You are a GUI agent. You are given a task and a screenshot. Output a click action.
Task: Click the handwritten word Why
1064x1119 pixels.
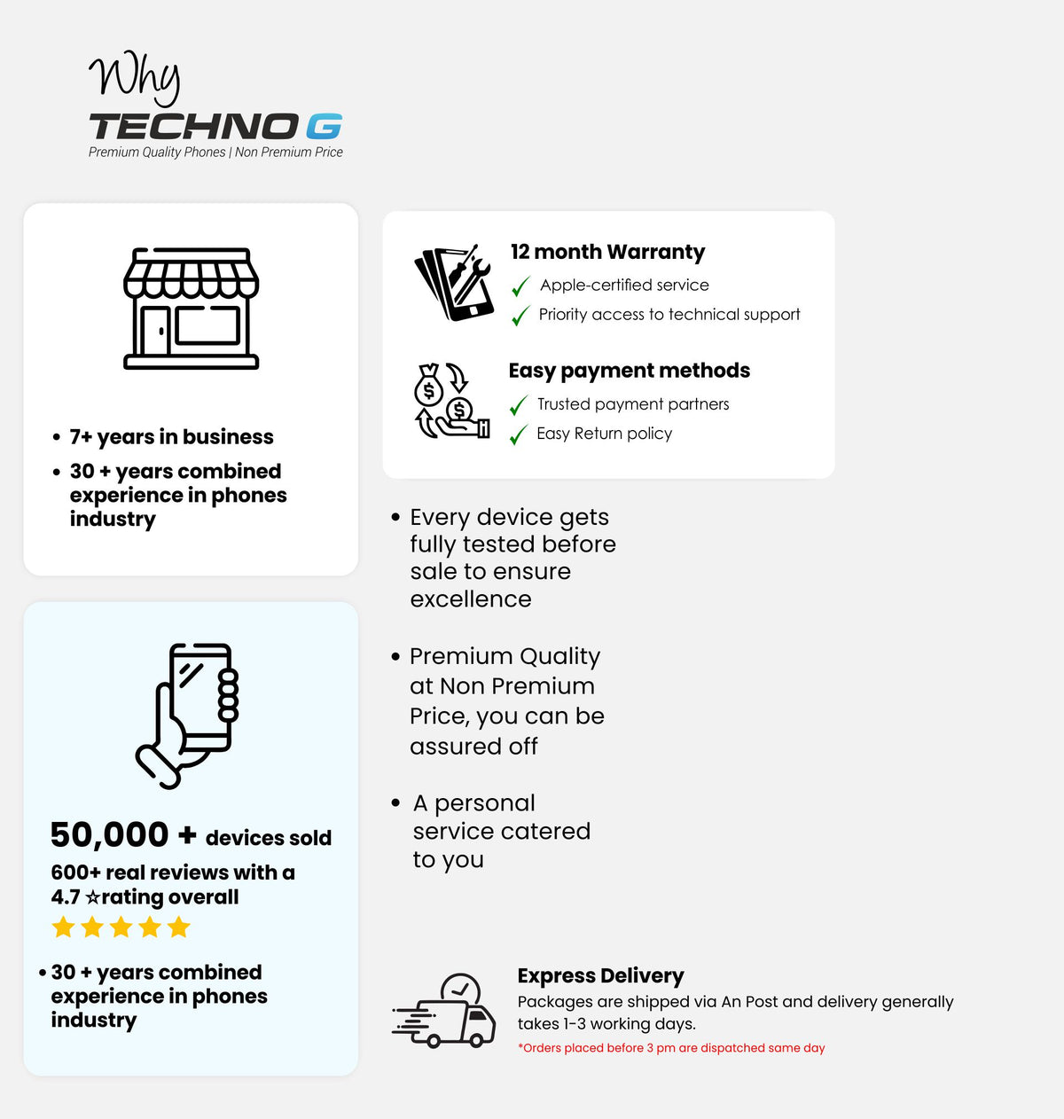point(135,77)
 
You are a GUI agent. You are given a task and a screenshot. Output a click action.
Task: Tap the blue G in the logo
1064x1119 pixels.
point(324,127)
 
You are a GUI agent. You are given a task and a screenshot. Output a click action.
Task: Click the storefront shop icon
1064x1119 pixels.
point(191,309)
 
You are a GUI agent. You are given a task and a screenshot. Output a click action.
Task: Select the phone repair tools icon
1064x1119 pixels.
point(454,283)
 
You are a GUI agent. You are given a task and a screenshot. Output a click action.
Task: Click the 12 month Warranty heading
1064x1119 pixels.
point(607,252)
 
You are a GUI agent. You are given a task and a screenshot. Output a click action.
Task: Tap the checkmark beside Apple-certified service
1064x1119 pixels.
point(520,286)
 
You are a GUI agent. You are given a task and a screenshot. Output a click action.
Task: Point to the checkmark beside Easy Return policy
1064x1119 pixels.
point(519,434)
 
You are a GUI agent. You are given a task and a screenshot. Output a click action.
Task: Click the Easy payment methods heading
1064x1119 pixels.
point(629,371)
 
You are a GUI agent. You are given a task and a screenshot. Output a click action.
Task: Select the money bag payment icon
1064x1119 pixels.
point(452,401)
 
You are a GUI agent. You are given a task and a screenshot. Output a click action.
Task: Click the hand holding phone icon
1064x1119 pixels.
point(189,716)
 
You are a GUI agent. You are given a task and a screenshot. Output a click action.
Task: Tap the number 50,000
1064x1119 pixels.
point(109,834)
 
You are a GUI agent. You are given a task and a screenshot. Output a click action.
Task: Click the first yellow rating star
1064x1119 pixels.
point(63,927)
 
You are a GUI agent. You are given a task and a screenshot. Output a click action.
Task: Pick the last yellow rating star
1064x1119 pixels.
point(179,927)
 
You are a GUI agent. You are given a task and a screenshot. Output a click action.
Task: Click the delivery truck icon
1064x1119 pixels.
point(443,1012)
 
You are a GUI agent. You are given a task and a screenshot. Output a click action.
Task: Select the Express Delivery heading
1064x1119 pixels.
point(600,975)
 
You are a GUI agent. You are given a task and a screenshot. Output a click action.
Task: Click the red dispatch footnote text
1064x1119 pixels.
point(671,1048)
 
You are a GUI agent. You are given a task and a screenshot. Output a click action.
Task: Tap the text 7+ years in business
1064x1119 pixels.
point(171,437)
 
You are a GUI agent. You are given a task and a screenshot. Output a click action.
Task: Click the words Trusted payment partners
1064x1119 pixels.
point(633,404)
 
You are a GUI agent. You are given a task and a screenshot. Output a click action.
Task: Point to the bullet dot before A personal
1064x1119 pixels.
point(395,802)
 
